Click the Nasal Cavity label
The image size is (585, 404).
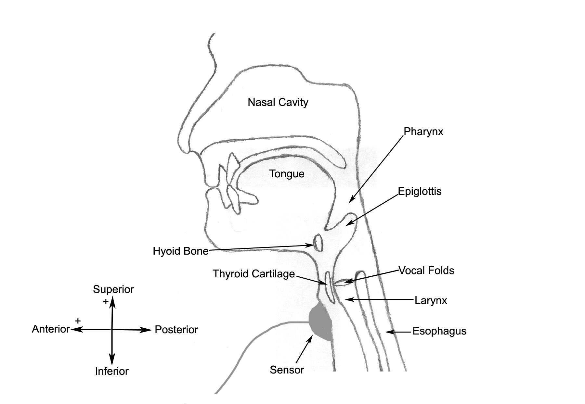click(278, 102)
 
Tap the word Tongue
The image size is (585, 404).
click(287, 174)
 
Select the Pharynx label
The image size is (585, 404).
click(423, 132)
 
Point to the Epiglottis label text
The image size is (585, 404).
click(420, 191)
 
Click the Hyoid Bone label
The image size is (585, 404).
click(180, 251)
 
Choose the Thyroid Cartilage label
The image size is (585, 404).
click(253, 274)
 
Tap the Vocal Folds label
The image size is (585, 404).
click(426, 271)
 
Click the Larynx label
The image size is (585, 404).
click(431, 300)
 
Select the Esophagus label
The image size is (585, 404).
click(439, 331)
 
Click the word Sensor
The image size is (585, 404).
click(287, 370)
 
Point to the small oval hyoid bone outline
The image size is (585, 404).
click(318, 242)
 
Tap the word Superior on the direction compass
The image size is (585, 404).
click(113, 289)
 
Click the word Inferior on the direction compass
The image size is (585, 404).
click(111, 371)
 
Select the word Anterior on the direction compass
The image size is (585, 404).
click(51, 329)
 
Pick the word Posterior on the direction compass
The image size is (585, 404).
click(176, 330)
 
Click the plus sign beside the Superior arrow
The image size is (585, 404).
click(106, 302)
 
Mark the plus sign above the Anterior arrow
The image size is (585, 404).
click(78, 321)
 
